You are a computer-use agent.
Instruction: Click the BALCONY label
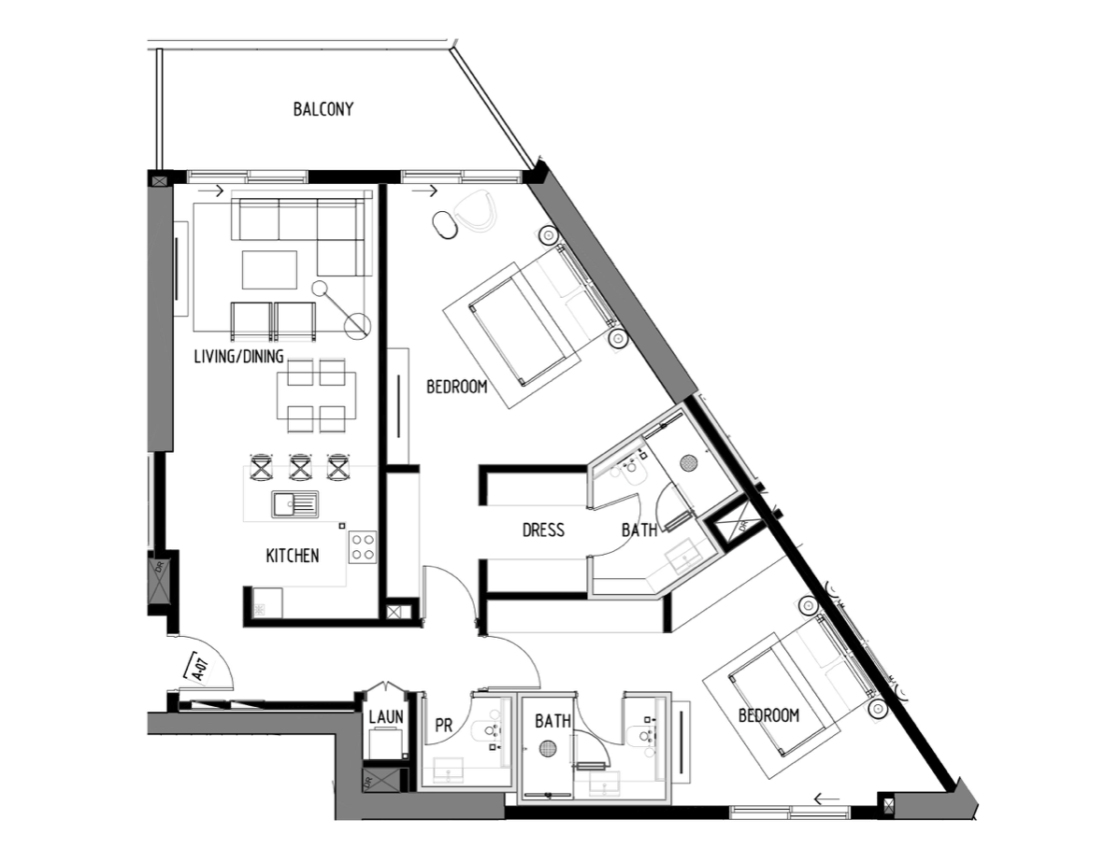tap(323, 109)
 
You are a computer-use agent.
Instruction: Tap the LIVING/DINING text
tap(239, 357)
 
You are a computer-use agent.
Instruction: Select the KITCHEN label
tap(293, 556)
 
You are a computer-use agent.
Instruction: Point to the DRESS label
tap(543, 530)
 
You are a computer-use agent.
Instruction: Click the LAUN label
tap(386, 717)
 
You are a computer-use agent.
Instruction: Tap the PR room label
tap(443, 725)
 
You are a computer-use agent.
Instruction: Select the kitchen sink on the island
tap(294, 504)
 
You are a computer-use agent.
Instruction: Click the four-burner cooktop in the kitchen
tap(363, 546)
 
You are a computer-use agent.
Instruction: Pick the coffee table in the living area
tap(269, 270)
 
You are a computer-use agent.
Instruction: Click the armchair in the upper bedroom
tap(476, 209)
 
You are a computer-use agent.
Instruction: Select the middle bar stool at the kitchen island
tap(299, 467)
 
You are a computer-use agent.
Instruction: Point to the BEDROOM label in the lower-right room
tap(768, 715)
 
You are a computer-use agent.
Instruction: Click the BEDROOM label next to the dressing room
tap(456, 387)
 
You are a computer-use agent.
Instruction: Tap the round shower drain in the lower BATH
tap(548, 748)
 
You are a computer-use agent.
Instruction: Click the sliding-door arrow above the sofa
tap(210, 191)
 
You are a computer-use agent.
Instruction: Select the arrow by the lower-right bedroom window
tap(826, 799)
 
